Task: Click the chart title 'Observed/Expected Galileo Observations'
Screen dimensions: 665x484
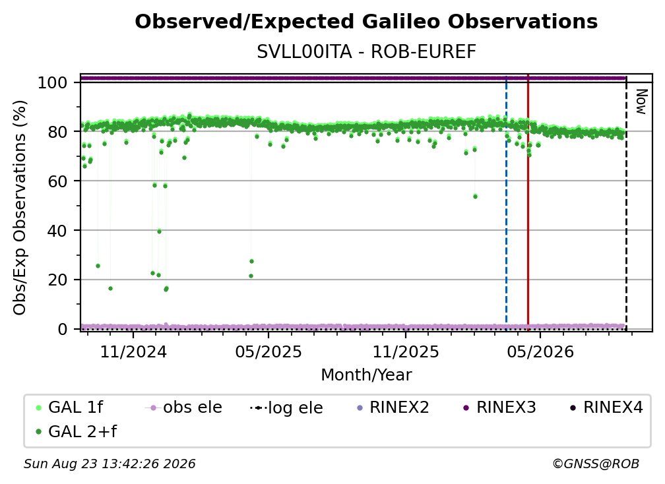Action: click(366, 22)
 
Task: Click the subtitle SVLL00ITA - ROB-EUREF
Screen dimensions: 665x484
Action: click(366, 52)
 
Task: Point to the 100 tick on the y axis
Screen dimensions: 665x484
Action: click(53, 82)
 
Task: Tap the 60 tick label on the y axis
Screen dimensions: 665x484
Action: click(57, 181)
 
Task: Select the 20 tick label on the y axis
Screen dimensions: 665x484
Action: click(57, 280)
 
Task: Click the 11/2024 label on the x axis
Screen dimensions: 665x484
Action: click(133, 351)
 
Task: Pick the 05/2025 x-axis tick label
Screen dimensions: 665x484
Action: click(269, 351)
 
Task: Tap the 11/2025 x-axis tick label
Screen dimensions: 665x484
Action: click(406, 351)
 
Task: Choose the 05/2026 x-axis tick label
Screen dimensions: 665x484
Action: click(540, 351)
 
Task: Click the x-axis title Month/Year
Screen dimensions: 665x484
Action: click(366, 375)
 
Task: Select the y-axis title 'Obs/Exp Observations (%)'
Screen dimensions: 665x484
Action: click(20, 208)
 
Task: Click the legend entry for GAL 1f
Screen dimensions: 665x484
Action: click(69, 408)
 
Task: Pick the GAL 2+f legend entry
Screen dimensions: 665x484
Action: click(76, 432)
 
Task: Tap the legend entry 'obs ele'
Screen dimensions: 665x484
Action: click(183, 408)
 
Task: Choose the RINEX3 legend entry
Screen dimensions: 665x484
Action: click(499, 408)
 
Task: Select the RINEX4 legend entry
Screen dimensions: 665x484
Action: click(606, 408)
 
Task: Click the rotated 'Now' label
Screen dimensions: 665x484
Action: click(641, 102)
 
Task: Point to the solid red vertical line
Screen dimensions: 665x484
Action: click(528, 202)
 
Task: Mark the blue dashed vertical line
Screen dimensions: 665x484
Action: click(507, 202)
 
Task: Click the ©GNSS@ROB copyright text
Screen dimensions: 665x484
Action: click(596, 464)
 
